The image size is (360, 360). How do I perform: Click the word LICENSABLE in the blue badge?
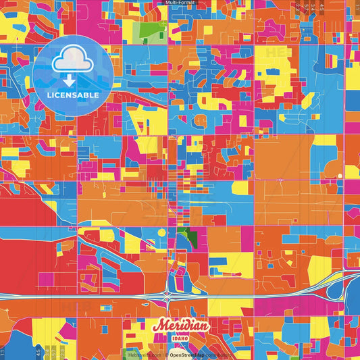73,95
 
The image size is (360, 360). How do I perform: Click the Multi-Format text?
180,3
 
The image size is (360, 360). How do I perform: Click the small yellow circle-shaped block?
161,232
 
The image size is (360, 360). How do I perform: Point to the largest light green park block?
153,31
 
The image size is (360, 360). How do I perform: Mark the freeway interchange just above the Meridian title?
167,295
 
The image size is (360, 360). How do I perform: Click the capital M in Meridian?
160,325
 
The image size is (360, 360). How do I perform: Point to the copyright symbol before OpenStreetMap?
166,354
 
